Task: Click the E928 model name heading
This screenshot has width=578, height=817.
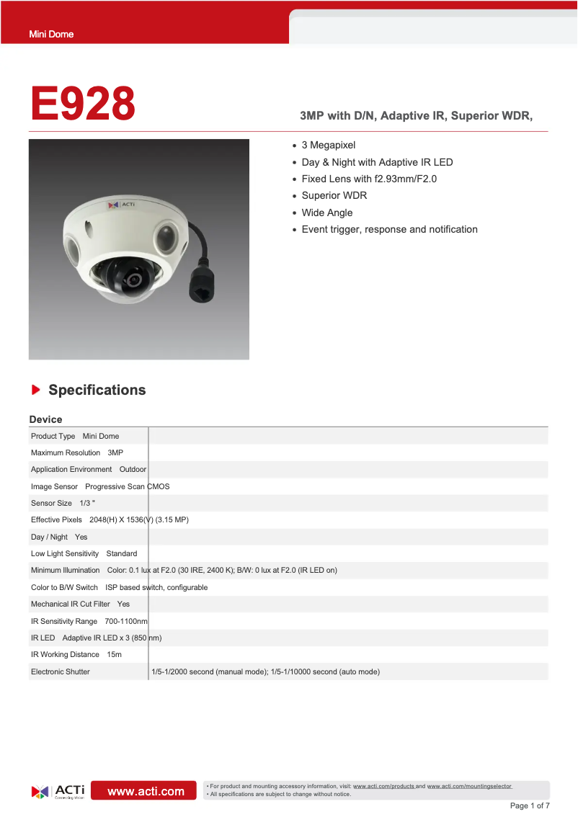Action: [83, 104]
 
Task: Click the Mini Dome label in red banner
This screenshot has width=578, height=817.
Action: [51, 34]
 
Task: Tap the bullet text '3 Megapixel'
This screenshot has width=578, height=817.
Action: [328, 146]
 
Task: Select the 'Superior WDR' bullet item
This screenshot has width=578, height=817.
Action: [334, 196]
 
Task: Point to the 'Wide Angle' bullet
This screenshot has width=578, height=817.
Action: [326, 213]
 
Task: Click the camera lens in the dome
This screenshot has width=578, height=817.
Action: [133, 280]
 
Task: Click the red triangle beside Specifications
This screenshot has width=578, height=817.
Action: [35, 390]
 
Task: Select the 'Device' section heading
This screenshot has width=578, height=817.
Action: [45, 419]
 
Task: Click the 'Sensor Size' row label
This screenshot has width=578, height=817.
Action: [51, 503]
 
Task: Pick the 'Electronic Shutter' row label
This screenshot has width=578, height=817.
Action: [61, 671]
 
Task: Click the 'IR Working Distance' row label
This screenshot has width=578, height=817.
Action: [65, 654]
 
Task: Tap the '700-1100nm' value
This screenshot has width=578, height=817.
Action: [126, 621]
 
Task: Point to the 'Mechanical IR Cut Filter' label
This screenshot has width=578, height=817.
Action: [71, 604]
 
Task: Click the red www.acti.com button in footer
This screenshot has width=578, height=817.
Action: [146, 791]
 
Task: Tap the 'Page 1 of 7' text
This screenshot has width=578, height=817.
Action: [530, 805]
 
